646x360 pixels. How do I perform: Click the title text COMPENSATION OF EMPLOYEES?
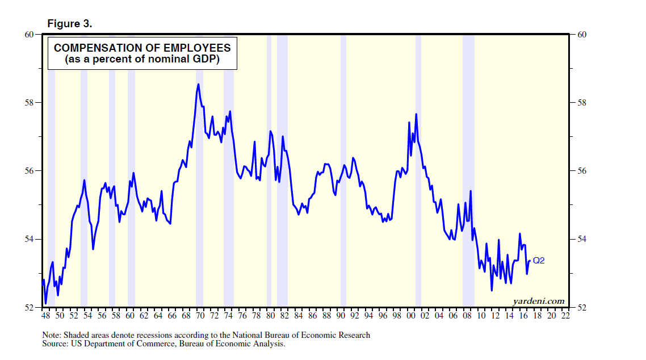click(142, 48)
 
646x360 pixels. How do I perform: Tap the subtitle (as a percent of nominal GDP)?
click(142, 59)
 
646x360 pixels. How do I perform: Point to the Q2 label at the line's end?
click(539, 261)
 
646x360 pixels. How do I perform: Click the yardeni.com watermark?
click(539, 300)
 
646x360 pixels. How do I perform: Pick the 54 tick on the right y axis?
click(581, 239)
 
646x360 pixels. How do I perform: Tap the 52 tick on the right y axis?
click(581, 307)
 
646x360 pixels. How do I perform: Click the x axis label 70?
click(200, 315)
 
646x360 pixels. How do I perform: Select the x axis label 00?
click(411, 315)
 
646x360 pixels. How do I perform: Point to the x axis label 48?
click(46, 315)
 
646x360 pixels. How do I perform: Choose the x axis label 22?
click(565, 315)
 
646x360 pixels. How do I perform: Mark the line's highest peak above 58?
click(198, 85)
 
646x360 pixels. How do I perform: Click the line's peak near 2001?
click(416, 114)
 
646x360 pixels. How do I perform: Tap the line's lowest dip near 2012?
click(492, 290)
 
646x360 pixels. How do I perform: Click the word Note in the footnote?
click(52, 335)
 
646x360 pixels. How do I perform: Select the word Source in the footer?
click(54, 344)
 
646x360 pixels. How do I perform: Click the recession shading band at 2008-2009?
click(468, 170)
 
